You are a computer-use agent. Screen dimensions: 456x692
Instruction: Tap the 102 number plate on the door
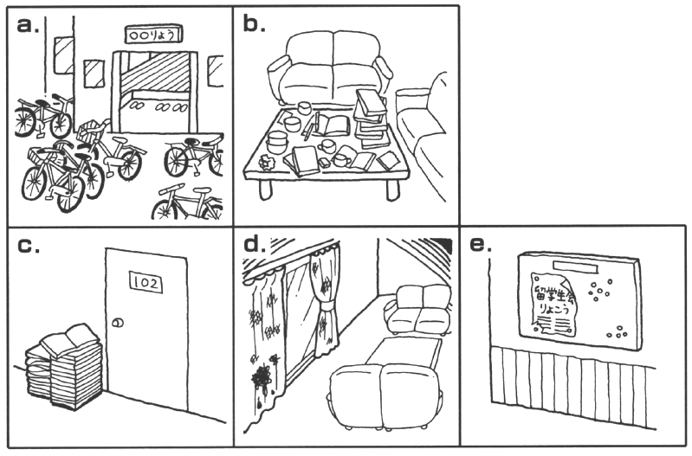pos(146,281)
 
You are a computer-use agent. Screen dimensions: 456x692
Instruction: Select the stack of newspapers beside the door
pos(61,368)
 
